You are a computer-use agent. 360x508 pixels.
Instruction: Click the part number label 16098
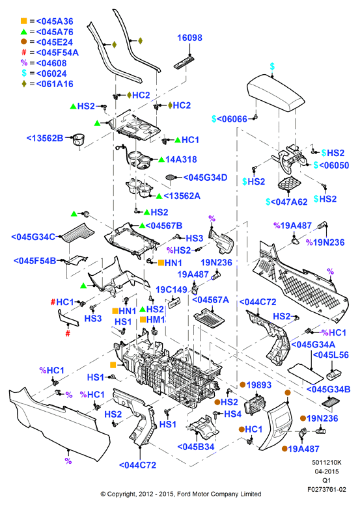189,38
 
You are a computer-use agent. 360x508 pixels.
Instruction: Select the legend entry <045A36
55,21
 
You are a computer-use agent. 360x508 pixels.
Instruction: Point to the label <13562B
45,139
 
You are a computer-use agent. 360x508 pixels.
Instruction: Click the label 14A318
181,159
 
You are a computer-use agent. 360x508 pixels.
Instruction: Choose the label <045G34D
205,178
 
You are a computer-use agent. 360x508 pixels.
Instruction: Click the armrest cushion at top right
275,93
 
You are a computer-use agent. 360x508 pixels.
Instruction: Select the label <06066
232,119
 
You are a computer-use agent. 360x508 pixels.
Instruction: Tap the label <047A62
289,202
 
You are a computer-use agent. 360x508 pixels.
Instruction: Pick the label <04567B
164,226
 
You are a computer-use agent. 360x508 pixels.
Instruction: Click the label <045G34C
33,237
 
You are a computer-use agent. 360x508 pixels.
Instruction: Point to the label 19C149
172,289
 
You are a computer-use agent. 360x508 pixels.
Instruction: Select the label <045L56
331,354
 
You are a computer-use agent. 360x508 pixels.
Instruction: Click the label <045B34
196,447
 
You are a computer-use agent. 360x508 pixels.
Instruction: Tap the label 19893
259,385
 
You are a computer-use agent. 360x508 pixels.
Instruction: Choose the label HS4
232,414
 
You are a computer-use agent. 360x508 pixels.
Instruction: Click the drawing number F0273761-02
327,490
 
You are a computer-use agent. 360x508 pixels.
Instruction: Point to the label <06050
334,165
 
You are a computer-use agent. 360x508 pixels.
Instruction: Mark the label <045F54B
35,260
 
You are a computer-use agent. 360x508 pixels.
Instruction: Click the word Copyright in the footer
122,494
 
